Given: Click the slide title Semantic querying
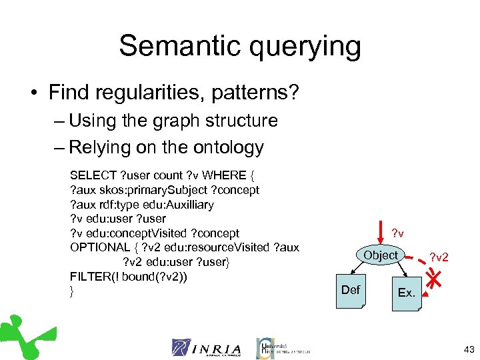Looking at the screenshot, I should (240, 47).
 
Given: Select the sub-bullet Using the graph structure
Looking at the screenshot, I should (173, 121).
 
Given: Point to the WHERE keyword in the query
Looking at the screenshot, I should (223, 175).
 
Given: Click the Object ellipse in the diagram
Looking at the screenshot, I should (381, 255).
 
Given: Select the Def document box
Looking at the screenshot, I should (351, 290).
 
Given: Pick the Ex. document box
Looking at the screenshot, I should (406, 292).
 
